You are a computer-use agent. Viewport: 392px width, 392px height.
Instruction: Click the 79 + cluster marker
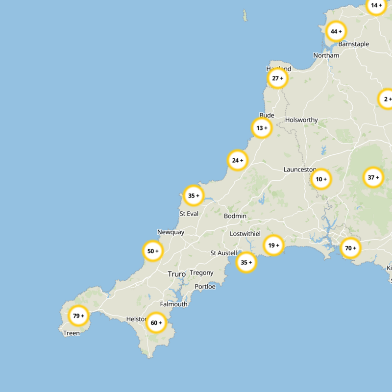tap(78, 316)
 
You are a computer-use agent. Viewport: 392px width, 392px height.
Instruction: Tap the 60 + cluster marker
tap(157, 323)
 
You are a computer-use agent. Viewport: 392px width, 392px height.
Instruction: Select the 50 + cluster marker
tap(153, 251)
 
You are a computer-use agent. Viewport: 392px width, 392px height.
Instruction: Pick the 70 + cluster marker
tap(351, 248)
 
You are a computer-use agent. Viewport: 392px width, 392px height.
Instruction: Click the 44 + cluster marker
tap(336, 32)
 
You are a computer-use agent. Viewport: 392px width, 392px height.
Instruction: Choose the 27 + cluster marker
tap(278, 78)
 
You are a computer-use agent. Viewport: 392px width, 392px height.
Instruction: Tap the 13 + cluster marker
tap(262, 128)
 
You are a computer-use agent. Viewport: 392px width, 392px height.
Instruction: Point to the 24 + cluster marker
tap(238, 160)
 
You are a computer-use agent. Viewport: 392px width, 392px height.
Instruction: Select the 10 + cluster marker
tap(321, 179)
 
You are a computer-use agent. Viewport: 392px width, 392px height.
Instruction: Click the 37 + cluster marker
tap(373, 177)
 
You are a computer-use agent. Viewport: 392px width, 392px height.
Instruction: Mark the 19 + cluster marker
tap(273, 245)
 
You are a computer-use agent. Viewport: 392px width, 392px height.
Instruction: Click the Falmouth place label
tap(173, 304)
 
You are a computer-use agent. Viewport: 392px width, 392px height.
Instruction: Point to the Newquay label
tap(171, 232)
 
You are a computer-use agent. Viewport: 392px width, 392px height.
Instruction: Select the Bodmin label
tap(235, 216)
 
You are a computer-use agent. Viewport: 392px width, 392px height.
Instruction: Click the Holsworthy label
tap(301, 120)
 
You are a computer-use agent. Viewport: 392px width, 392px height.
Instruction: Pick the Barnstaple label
tap(354, 44)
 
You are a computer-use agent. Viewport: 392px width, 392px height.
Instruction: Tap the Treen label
tap(72, 333)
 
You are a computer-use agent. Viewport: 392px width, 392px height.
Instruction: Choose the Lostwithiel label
tap(245, 234)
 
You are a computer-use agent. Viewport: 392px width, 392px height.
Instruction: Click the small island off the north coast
tap(245, 16)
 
